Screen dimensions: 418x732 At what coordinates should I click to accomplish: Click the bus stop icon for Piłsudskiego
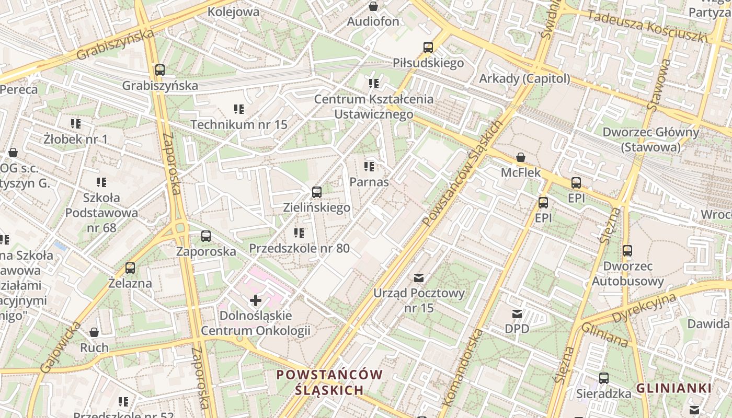[x=428, y=48]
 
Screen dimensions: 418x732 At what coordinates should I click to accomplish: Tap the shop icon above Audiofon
[x=373, y=6]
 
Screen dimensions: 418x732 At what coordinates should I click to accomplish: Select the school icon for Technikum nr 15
[x=239, y=109]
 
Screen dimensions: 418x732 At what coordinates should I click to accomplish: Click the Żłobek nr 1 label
[x=75, y=139]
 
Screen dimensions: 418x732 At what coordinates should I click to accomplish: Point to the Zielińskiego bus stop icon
[x=316, y=192]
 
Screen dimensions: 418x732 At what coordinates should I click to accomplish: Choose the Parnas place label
[x=369, y=182]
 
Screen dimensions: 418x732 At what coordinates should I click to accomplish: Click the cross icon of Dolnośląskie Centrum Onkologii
[x=255, y=300]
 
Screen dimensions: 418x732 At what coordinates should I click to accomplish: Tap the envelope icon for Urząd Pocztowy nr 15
[x=419, y=277]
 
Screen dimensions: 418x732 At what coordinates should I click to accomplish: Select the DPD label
[x=517, y=329]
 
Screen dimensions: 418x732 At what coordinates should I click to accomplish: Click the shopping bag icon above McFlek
[x=521, y=157]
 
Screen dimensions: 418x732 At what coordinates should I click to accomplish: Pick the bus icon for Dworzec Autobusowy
[x=627, y=251]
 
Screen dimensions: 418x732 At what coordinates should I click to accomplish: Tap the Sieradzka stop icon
[x=604, y=378]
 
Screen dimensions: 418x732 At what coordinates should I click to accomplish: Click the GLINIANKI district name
[x=674, y=388]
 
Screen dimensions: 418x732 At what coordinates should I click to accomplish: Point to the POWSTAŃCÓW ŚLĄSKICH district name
[x=329, y=382]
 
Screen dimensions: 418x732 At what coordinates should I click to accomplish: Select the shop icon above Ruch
[x=94, y=332]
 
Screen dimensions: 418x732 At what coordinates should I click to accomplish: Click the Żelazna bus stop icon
[x=130, y=268]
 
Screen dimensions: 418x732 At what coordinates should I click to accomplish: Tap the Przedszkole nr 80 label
[x=299, y=248]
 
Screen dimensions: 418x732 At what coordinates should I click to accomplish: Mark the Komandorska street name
[x=462, y=368]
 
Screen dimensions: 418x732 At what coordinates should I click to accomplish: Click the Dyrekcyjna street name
[x=644, y=308]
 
